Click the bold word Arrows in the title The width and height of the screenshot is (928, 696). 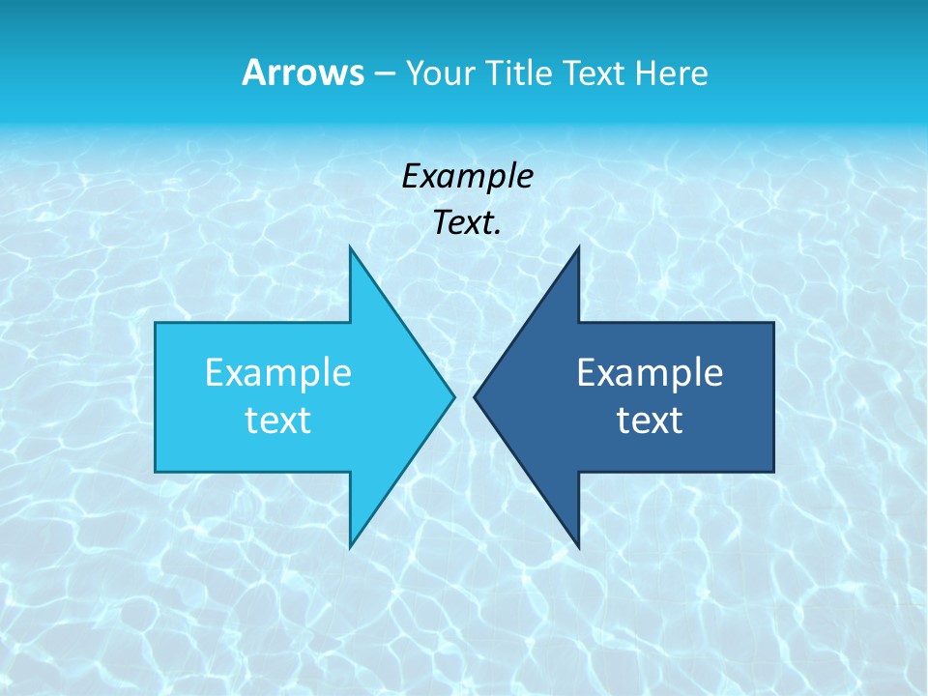[303, 72]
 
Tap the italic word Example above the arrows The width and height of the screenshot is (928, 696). [467, 177]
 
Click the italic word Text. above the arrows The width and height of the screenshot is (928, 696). [467, 223]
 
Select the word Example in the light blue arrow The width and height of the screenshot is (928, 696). [278, 373]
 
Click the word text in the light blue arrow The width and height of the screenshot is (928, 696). [278, 420]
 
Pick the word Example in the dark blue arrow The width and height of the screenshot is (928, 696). [650, 373]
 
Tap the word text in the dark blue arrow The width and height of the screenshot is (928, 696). [650, 420]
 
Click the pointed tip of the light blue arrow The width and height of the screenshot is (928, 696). [452, 396]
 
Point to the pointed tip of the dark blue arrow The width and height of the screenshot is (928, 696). [476, 396]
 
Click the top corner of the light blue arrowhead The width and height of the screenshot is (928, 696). [350, 248]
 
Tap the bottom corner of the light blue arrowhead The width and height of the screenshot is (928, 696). [350, 545]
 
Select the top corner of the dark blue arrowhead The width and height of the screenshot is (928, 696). [578, 248]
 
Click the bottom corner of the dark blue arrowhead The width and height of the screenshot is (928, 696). [578, 545]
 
